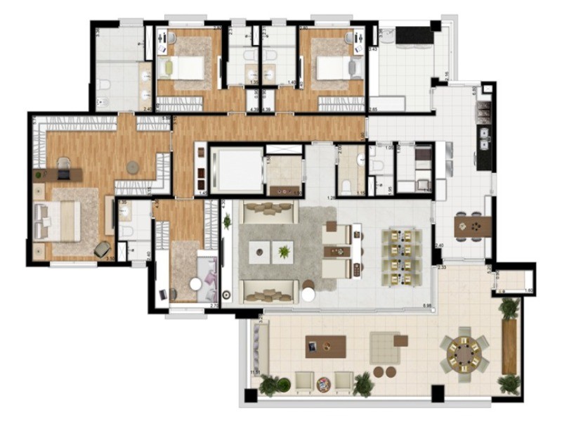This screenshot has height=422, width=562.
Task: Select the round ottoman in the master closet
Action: (133, 167)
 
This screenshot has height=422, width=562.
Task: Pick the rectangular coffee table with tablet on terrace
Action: (326, 345)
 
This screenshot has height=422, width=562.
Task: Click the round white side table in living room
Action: (308, 294)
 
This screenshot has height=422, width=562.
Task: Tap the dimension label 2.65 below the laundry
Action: (374, 110)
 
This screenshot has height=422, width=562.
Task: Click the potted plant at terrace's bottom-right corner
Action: (508, 383)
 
